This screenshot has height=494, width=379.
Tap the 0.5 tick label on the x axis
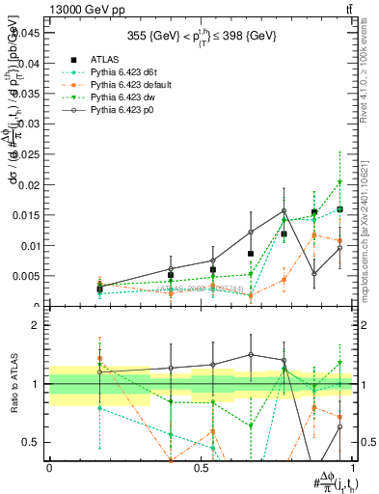point(202,468)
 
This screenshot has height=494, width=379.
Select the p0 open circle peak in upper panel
point(284,210)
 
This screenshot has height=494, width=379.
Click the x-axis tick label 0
point(49,468)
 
